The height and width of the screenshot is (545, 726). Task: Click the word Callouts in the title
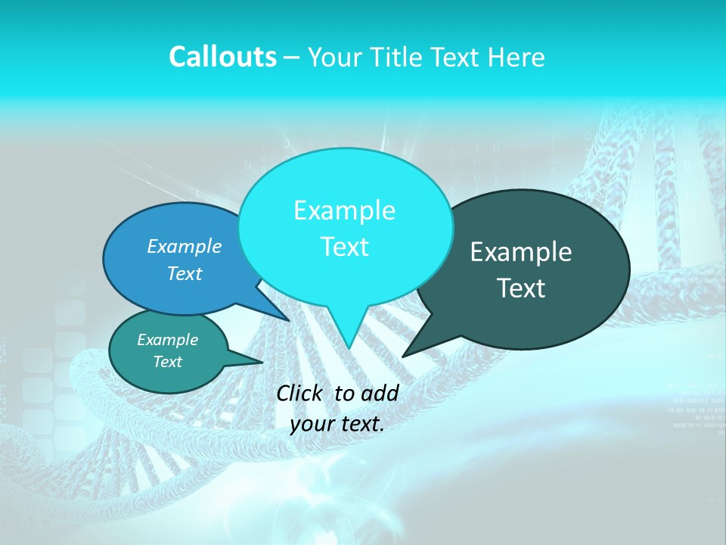(x=222, y=57)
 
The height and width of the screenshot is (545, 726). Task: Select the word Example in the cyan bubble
(x=344, y=210)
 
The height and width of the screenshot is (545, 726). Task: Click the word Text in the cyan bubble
(x=344, y=246)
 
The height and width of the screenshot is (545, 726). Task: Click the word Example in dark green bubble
(x=521, y=252)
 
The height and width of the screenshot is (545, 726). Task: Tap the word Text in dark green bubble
(x=521, y=288)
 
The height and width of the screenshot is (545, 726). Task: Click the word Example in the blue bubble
(x=185, y=246)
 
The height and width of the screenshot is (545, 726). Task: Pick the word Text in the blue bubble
(x=185, y=273)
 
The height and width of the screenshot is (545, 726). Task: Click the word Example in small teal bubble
(x=167, y=340)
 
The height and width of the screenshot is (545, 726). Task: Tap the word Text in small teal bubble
(x=167, y=362)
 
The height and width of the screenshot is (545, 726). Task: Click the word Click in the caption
(x=301, y=393)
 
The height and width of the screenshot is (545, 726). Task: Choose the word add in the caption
(x=380, y=393)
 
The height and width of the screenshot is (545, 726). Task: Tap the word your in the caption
(x=310, y=424)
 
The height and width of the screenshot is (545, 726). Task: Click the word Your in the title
(x=335, y=57)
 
